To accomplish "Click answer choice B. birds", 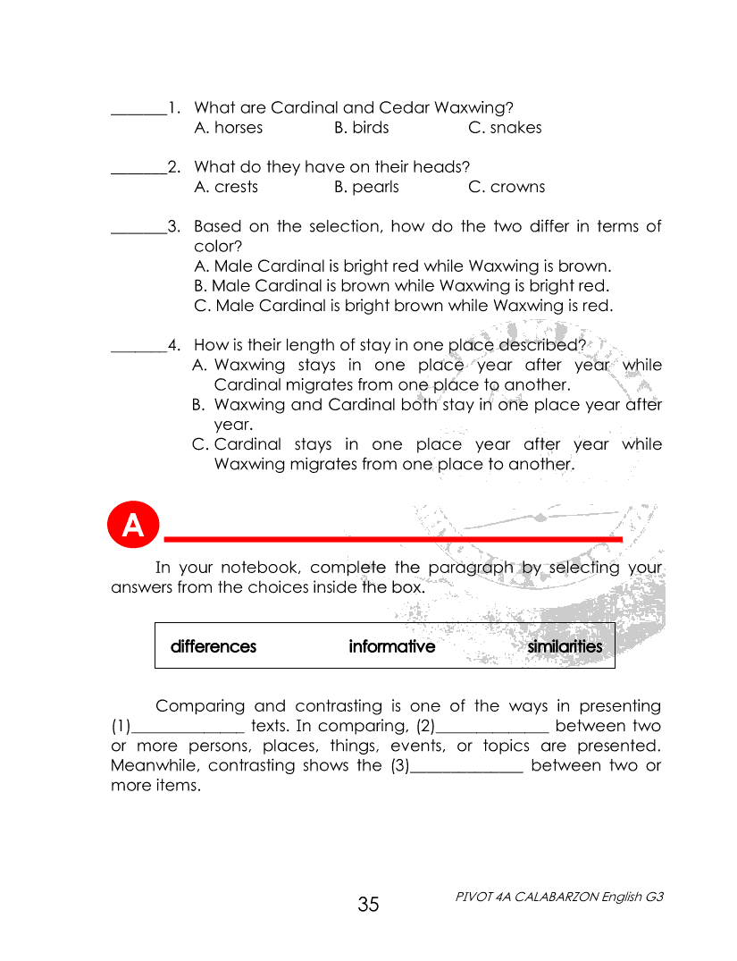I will point(361,128).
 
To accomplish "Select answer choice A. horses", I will point(228,128).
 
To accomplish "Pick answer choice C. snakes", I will point(505,128).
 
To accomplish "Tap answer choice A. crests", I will point(225,187).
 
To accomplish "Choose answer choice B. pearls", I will point(366,187).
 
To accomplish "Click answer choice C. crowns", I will point(506,187).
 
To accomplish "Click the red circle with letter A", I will point(133,526).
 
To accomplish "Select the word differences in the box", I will point(214,646).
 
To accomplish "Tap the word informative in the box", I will point(392,646).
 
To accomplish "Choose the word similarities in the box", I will point(565,646).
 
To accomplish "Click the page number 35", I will point(368,905).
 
